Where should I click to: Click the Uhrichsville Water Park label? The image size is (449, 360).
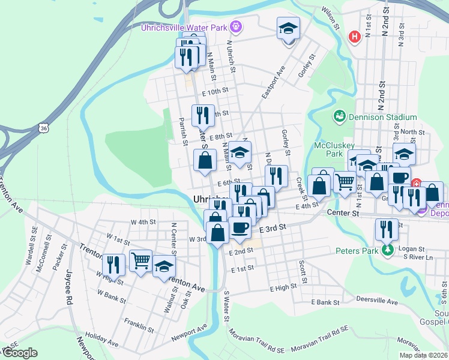pos(185,27)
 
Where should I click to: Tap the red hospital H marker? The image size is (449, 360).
pos(355,37)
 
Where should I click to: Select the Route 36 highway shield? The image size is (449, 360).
pos(43,127)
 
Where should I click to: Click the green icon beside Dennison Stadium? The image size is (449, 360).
pos(339,115)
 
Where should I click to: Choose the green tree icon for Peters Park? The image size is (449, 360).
pos(388,249)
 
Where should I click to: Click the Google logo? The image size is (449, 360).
pos(20,353)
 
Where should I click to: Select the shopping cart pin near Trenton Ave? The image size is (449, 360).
pos(140,260)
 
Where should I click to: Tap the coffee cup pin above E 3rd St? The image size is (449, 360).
pos(240,227)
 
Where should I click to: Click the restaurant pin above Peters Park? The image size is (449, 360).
pos(387,229)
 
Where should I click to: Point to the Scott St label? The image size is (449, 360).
pos(303,272)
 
